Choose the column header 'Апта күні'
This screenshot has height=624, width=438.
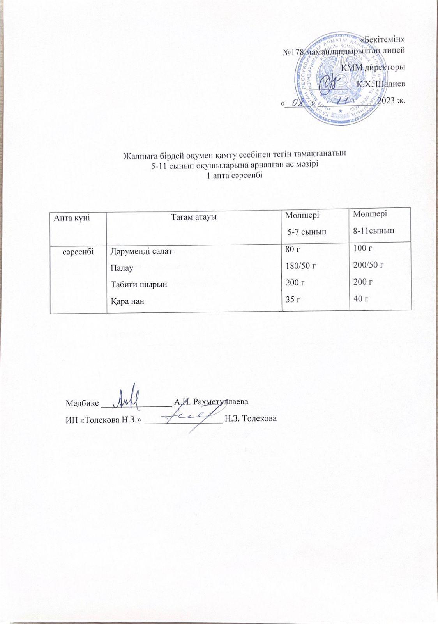(72, 218)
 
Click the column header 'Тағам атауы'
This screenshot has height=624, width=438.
(194, 217)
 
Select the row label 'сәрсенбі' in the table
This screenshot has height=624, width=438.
(78, 251)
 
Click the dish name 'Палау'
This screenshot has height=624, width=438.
(122, 268)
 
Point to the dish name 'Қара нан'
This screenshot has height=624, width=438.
(125, 301)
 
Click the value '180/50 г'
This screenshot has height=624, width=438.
(300, 266)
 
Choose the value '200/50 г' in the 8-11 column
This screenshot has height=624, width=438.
(369, 265)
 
